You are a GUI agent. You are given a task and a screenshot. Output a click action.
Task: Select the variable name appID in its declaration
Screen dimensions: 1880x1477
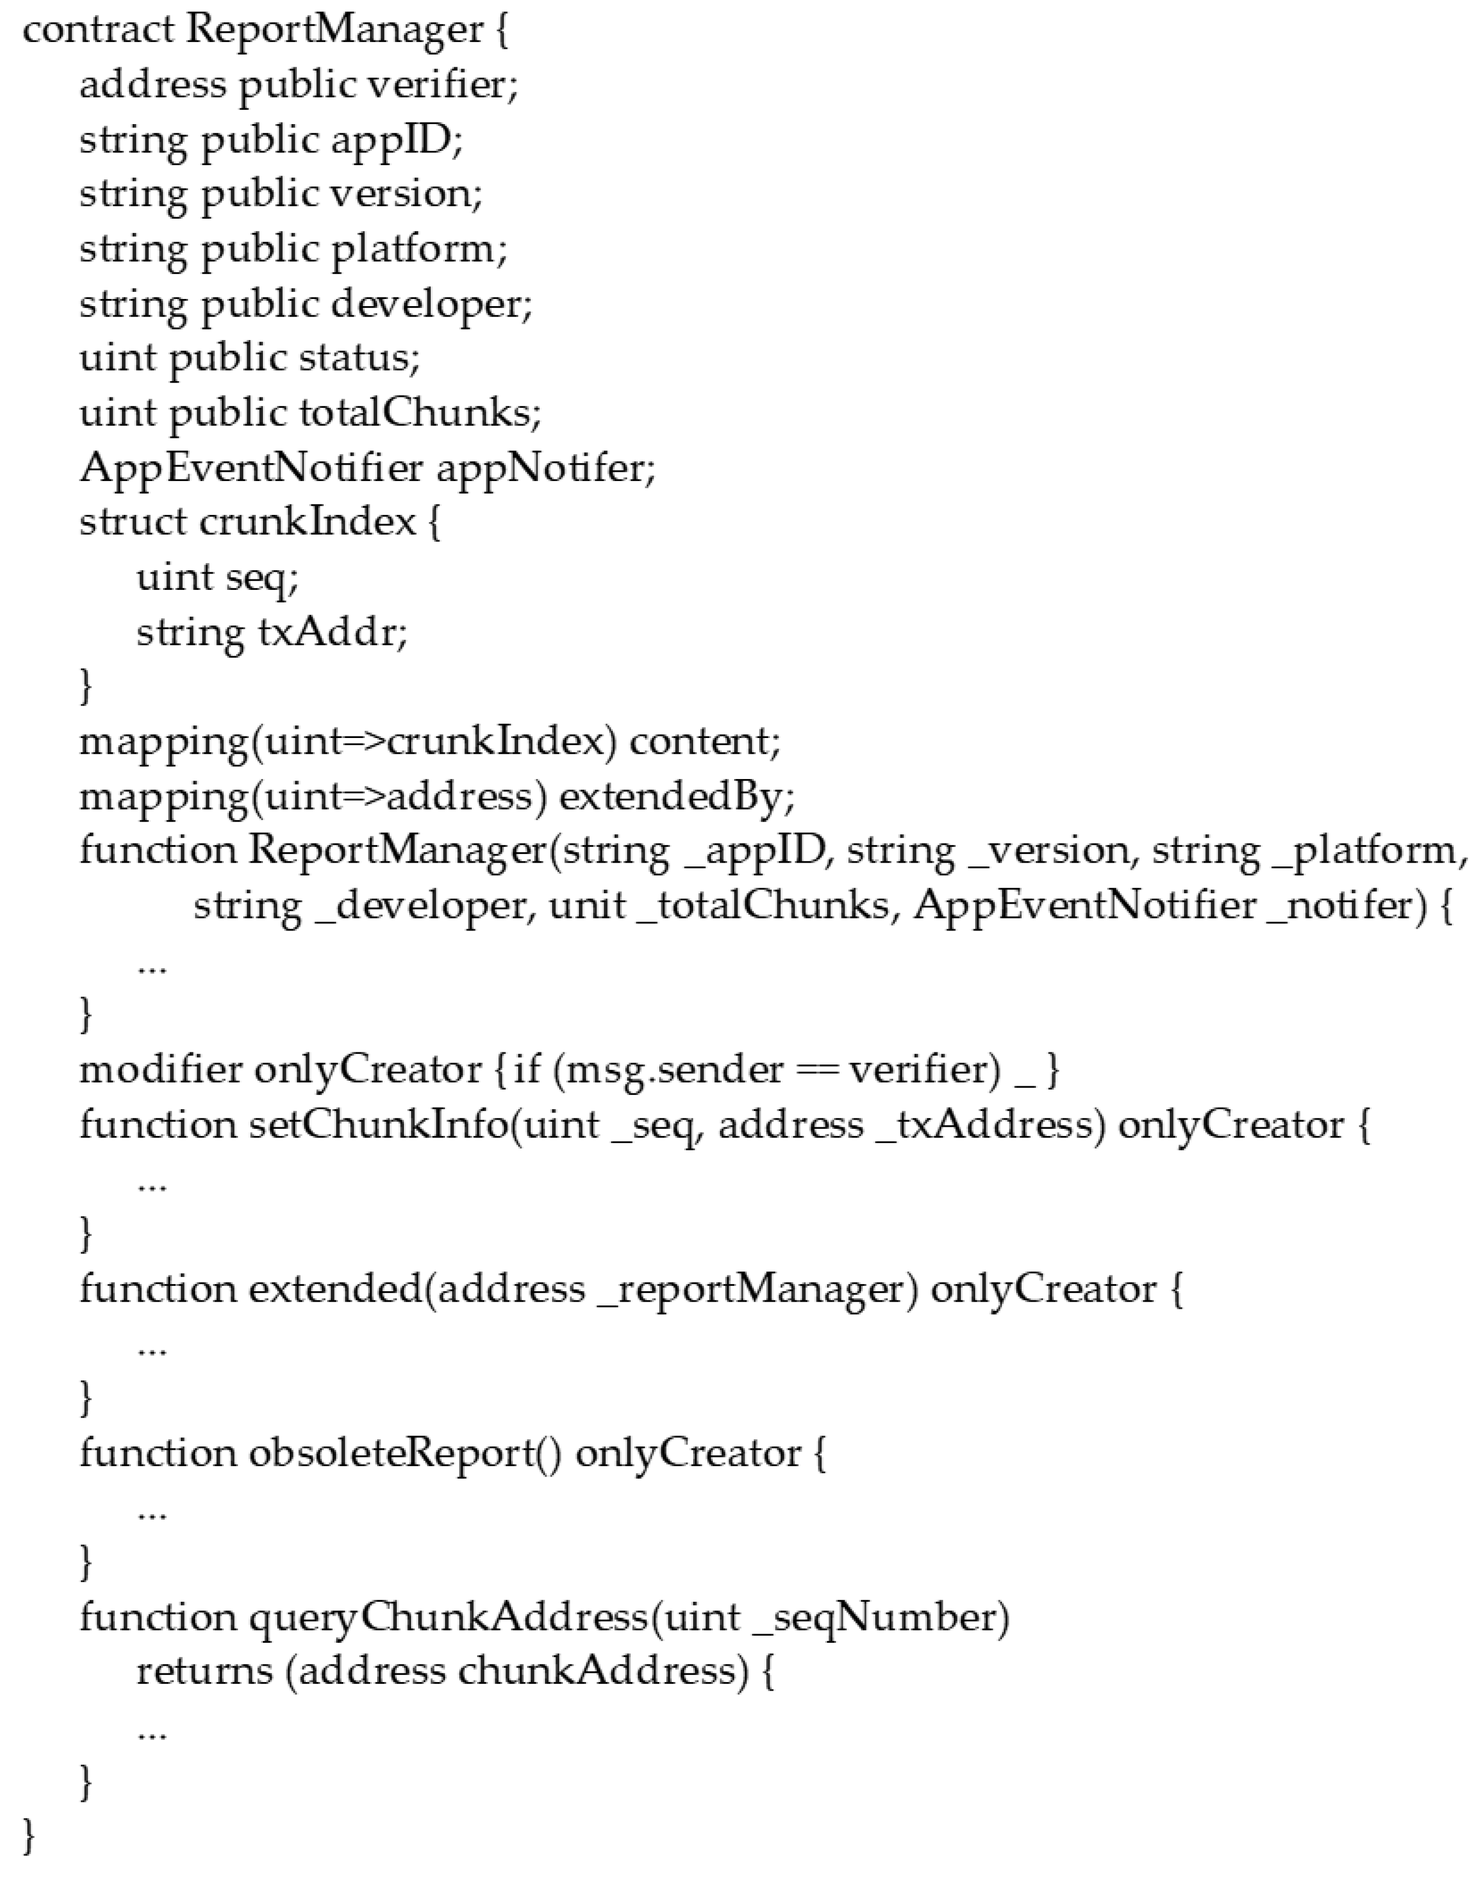coord(397,140)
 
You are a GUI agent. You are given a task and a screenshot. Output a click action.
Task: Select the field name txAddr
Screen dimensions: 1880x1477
coord(332,632)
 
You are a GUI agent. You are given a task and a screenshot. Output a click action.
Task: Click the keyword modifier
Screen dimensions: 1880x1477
coord(161,1070)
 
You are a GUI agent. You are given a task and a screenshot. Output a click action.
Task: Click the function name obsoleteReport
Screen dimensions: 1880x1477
coord(394,1454)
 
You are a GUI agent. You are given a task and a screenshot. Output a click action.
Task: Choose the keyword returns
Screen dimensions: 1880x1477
coord(204,1672)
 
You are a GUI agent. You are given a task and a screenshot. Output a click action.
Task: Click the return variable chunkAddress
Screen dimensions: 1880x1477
coord(603,1672)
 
